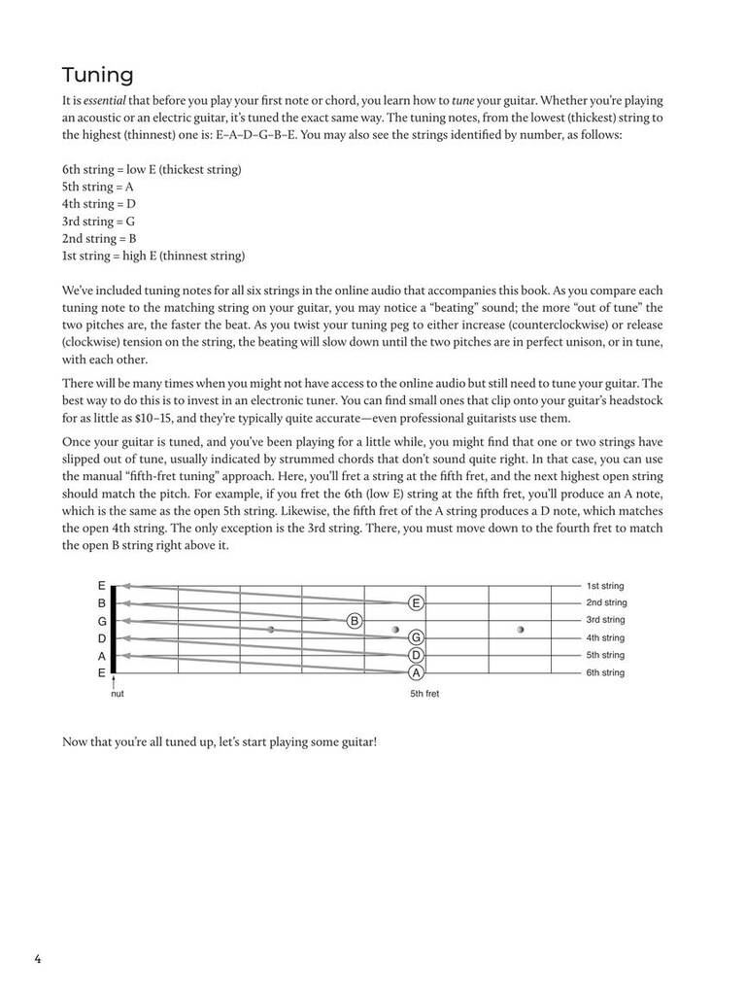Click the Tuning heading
pos(97,75)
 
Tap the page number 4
pos(38,960)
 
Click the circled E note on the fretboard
pos(416,602)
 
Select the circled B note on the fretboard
pos(355,620)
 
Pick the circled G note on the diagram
pos(416,637)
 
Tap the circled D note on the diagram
pos(416,655)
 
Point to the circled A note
pos(416,672)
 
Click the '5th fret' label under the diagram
pos(424,694)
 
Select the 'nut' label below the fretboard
pos(117,694)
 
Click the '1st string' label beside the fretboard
pos(605,586)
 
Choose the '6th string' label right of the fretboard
pos(605,672)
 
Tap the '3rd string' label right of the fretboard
pos(605,620)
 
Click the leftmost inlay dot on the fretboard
pos(271,630)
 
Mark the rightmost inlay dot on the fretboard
pos(521,630)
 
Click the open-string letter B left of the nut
pos(101,602)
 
